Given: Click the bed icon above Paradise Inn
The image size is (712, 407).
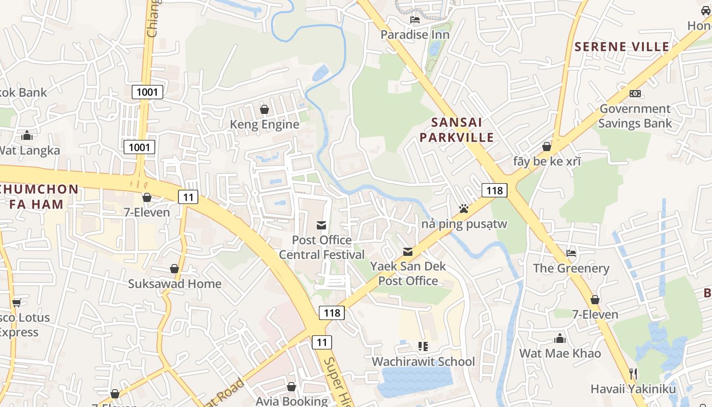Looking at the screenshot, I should (415, 20).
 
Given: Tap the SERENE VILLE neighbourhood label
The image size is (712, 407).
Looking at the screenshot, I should (621, 47).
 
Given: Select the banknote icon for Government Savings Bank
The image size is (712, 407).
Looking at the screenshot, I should (635, 94).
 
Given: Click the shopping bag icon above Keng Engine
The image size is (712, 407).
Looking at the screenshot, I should (264, 109).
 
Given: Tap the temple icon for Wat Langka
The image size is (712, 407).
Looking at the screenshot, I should (27, 135).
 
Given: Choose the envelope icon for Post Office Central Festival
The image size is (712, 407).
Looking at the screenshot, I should (321, 225).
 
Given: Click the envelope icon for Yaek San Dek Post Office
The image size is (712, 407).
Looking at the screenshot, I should (407, 251).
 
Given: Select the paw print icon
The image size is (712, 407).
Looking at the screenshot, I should (463, 209).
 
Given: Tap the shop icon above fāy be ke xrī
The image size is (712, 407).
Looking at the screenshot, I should (547, 147).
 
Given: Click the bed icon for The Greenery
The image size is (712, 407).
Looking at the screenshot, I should (571, 253).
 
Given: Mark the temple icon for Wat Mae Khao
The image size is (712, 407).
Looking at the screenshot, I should (560, 338).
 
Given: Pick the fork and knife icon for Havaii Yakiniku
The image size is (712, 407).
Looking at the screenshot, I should (633, 374).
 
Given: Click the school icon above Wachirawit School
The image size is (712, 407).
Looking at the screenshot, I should (423, 346).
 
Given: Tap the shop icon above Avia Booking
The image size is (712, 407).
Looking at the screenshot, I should (291, 387).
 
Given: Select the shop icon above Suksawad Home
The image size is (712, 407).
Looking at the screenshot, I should (174, 269).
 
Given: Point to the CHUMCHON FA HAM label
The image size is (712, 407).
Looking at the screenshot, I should (39, 197).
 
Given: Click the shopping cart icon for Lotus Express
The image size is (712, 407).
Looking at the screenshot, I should (16, 303).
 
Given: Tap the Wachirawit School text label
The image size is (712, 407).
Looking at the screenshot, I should (423, 362).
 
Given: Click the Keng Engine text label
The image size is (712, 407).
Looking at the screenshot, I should (264, 125).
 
